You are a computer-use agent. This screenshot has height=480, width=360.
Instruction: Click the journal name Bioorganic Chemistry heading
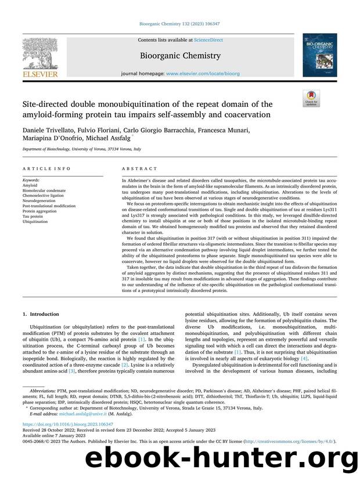(180, 56)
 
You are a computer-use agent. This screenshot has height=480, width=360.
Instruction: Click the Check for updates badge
(311, 98)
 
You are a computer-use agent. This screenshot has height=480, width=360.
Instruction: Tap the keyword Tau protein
(33, 216)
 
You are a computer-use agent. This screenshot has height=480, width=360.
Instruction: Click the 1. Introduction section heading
(40, 313)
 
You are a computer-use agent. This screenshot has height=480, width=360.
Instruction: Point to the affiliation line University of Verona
(81, 149)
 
